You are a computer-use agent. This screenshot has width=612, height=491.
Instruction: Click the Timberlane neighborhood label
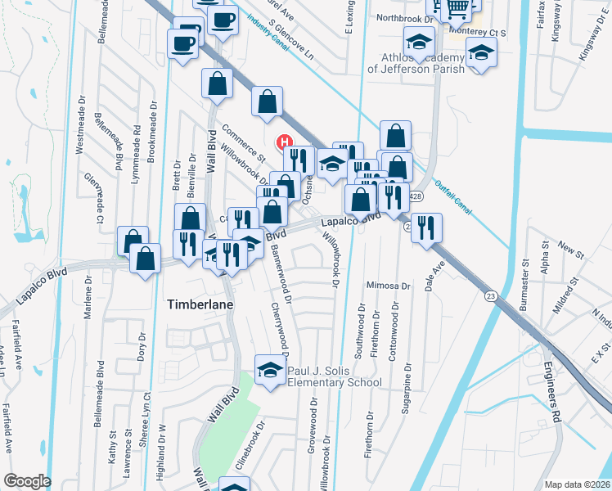click(x=200, y=304)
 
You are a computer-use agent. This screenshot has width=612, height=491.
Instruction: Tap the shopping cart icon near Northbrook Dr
click(x=459, y=7)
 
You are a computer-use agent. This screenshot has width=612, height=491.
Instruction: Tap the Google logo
click(x=27, y=481)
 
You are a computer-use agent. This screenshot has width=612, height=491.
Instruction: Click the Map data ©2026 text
click(x=577, y=484)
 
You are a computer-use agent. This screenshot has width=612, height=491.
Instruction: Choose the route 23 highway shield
click(x=490, y=295)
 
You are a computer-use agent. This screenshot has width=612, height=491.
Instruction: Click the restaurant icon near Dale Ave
click(x=425, y=227)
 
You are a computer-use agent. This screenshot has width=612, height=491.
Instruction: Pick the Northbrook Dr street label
click(x=403, y=18)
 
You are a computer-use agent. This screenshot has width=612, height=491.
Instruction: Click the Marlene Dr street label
click(x=89, y=311)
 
